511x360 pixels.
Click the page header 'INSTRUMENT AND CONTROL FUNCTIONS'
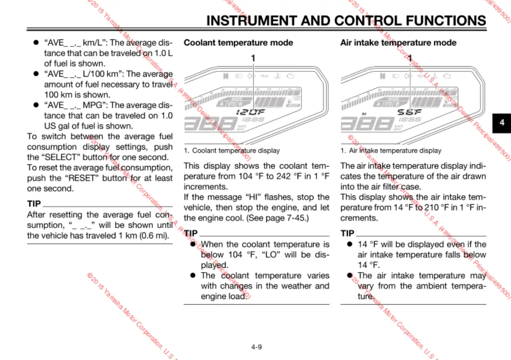[346, 20]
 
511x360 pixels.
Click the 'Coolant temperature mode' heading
[238, 43]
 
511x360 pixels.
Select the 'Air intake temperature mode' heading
[398, 43]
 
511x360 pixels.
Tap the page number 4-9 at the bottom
[256, 347]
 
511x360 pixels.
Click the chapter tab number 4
[502, 122]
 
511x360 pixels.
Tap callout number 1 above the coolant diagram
[253, 58]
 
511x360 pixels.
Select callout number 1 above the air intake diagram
[410, 58]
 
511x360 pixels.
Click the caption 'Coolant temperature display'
[236, 151]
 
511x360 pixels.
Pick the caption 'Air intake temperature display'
[395, 151]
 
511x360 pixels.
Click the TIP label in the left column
[34, 204]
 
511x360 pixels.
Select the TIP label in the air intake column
[347, 234]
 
